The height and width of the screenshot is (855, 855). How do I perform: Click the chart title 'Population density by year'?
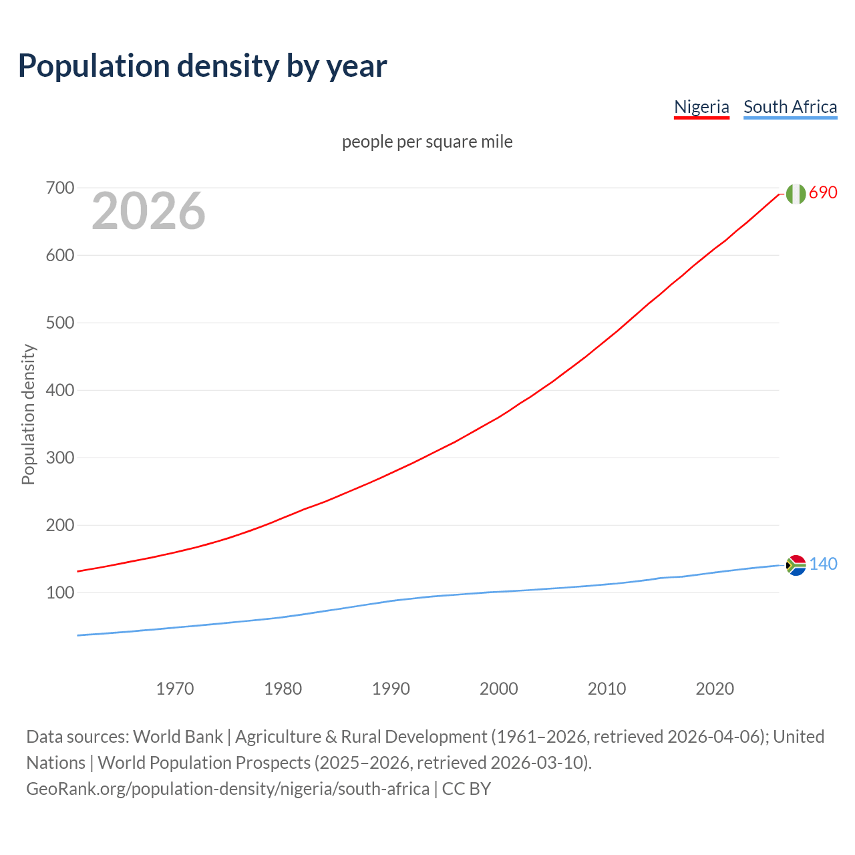(202, 66)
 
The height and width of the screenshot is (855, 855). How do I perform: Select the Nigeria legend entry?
(701, 107)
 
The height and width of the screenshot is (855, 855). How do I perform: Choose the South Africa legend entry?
(790, 107)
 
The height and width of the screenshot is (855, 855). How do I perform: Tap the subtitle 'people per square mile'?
(427, 142)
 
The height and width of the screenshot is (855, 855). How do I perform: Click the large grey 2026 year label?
(148, 211)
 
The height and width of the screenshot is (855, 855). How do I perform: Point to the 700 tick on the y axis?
(60, 188)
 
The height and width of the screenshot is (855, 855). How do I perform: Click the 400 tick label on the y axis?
(60, 390)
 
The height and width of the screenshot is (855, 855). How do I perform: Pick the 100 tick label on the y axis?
(60, 592)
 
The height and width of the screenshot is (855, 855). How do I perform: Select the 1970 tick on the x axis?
(175, 688)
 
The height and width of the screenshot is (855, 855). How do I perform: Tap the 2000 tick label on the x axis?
(499, 688)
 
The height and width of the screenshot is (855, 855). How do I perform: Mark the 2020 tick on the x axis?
(715, 688)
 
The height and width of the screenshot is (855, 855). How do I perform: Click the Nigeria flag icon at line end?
(796, 194)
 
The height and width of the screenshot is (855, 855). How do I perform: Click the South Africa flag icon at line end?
(796, 565)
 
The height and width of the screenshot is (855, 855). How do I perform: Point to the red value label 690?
(823, 192)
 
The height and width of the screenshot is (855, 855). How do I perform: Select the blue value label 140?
(823, 564)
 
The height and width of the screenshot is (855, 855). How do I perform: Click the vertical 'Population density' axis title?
(28, 414)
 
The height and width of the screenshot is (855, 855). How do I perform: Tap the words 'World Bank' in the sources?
(178, 736)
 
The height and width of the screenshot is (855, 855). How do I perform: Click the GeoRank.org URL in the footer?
(228, 788)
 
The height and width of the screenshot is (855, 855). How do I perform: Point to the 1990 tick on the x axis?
(391, 688)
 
